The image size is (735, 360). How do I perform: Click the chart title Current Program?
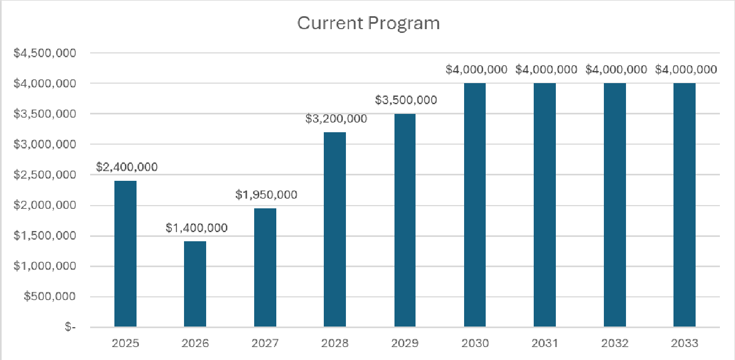369,24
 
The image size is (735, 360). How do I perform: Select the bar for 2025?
125,254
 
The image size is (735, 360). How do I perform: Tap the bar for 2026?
195,284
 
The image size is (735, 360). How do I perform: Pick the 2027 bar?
265,267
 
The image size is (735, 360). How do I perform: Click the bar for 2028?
335,229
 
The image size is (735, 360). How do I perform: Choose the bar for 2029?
405,220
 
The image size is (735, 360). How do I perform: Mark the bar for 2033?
684,205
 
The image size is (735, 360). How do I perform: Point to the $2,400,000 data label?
127,167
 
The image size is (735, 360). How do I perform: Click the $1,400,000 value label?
196,228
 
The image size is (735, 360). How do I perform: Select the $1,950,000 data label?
266,195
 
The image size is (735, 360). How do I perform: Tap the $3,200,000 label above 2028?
336,119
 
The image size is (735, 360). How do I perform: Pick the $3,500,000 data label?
406,100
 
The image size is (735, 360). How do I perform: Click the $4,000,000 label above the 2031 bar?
546,70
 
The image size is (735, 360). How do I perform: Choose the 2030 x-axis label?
475,343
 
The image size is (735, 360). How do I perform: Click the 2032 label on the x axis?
615,343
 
